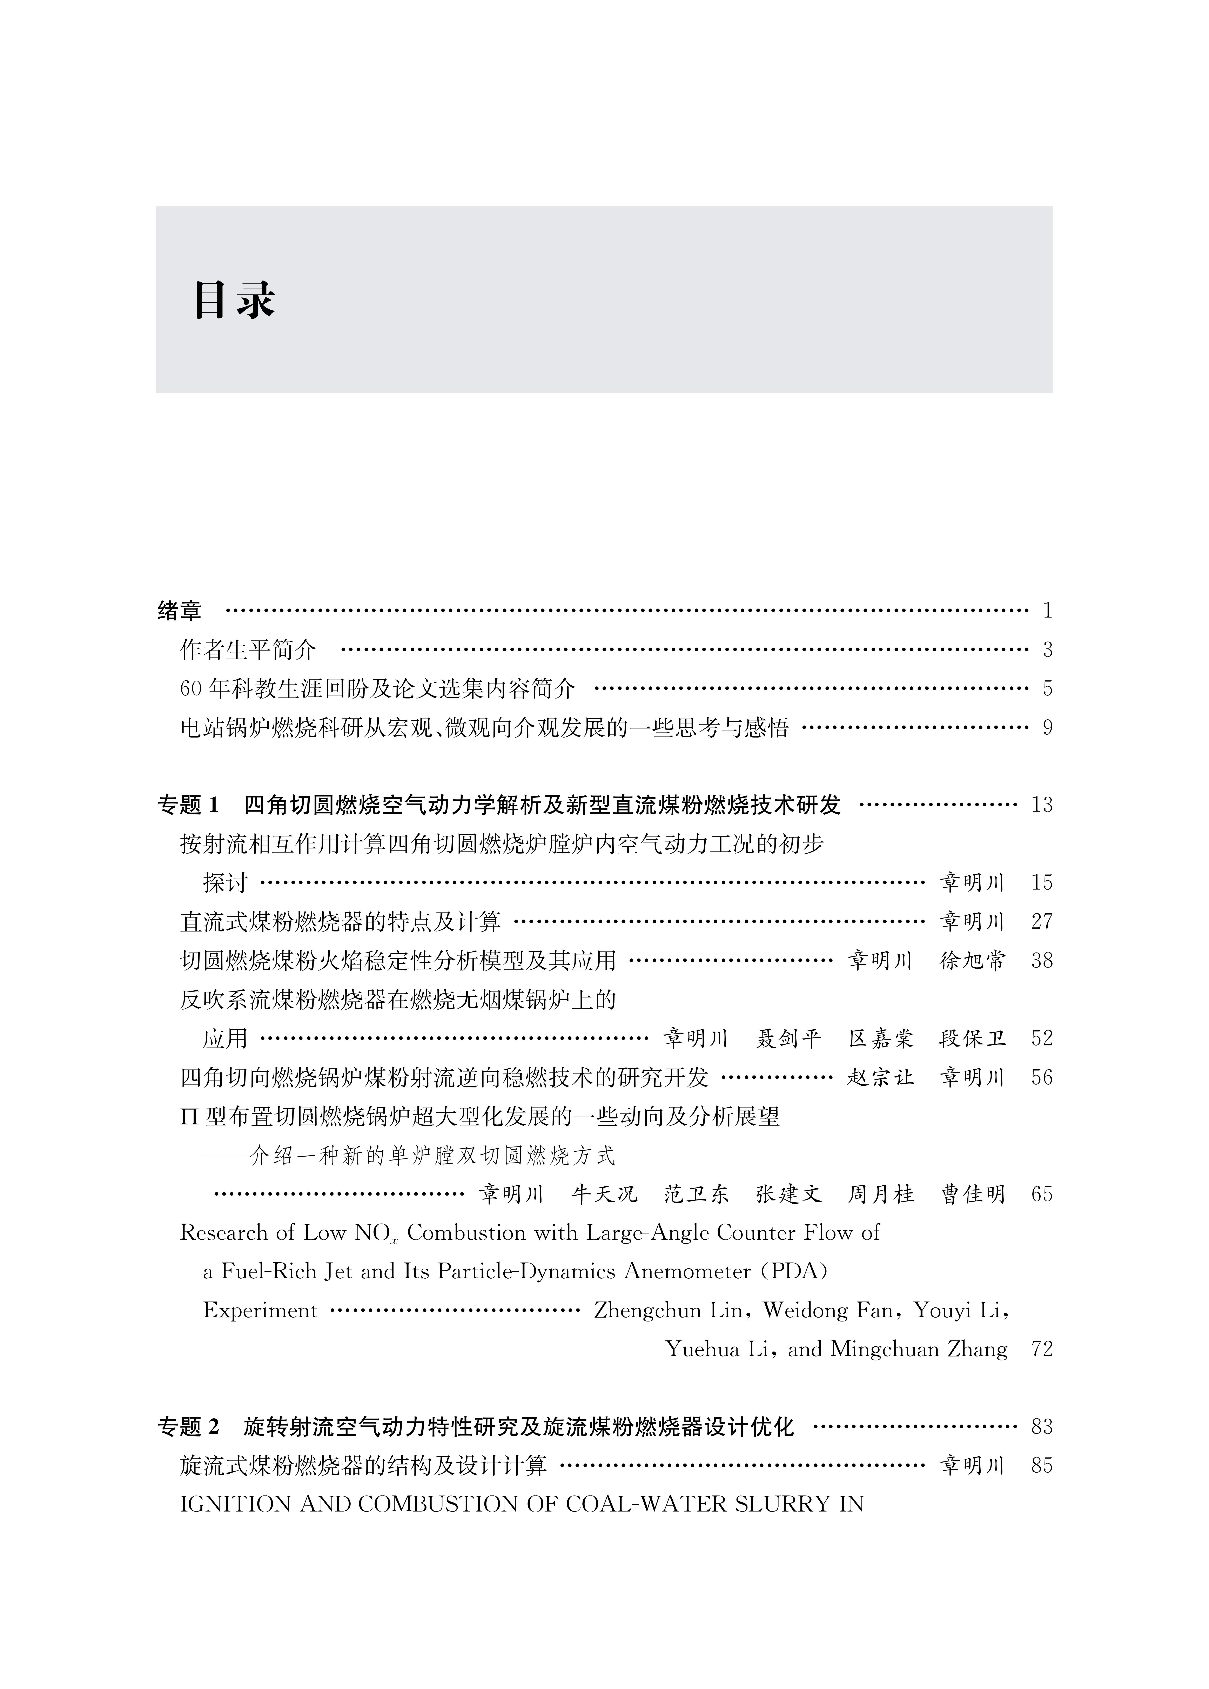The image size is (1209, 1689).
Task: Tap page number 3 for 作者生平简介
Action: point(1047,650)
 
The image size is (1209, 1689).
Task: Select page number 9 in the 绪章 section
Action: point(1047,727)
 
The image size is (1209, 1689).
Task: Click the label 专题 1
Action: point(189,805)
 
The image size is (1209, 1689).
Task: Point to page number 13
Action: point(1042,805)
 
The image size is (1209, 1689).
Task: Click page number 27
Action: point(1042,922)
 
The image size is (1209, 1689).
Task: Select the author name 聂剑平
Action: point(788,1038)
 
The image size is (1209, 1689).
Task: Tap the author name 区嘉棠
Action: point(881,1038)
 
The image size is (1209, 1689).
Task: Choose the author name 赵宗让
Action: point(881,1077)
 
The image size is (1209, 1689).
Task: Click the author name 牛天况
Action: point(604,1194)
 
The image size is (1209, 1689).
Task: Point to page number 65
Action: point(1042,1194)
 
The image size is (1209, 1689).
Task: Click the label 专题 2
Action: point(189,1427)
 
